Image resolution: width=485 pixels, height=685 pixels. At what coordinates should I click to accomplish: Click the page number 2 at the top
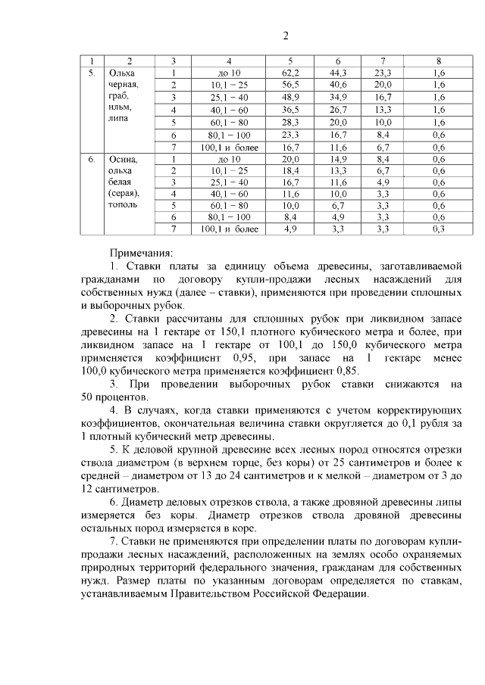pos(286,35)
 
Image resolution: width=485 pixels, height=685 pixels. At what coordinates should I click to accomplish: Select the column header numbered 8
pos(438,61)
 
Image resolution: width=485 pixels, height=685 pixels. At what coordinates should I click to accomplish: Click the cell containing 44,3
pos(338,73)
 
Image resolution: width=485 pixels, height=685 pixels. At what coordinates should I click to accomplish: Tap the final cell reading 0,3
pos(438,229)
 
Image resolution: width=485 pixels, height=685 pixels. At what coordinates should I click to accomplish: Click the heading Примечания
pos(141,252)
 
